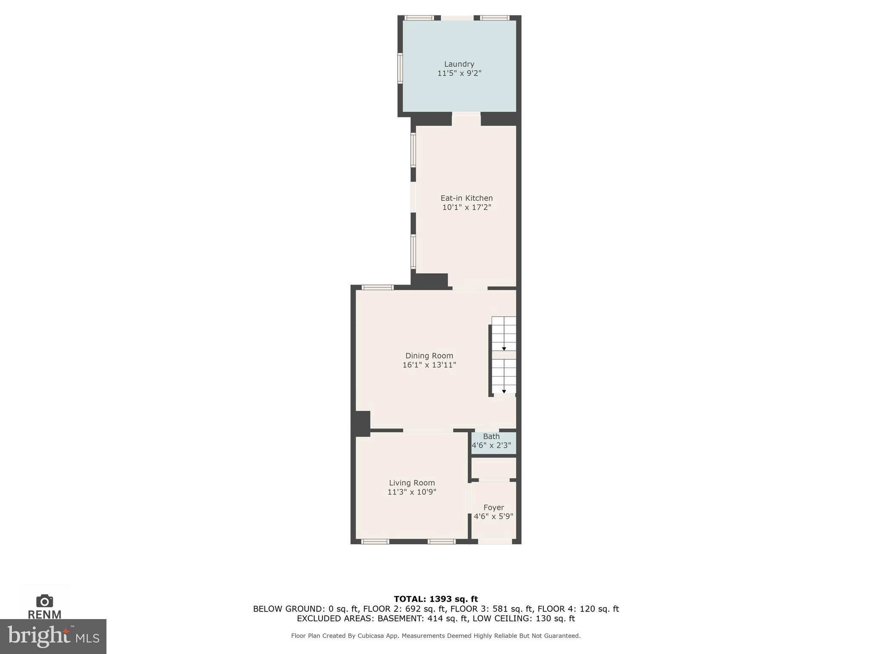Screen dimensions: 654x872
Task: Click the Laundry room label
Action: click(459, 64)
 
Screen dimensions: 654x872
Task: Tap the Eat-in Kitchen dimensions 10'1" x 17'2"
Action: click(467, 207)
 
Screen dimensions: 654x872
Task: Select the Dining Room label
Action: click(429, 356)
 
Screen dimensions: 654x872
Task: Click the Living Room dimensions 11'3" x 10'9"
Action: click(412, 492)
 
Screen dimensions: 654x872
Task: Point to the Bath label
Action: click(491, 436)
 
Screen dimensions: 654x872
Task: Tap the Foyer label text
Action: click(493, 508)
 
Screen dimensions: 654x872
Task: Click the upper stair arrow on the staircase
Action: click(504, 348)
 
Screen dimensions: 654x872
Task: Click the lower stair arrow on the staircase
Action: click(504, 391)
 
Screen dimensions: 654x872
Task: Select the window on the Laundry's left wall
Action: click(400, 68)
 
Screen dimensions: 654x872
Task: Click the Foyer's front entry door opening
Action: click(495, 542)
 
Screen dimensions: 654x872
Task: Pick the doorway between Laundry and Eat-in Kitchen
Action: click(466, 114)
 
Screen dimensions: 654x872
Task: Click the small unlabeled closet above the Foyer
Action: click(493, 468)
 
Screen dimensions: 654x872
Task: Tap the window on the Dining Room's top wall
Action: click(378, 287)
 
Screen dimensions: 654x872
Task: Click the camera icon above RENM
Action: click(45, 601)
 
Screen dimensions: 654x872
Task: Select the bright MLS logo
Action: click(53, 636)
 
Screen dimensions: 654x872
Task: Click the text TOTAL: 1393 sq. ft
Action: click(436, 599)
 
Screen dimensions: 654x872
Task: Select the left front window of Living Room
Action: click(375, 542)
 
